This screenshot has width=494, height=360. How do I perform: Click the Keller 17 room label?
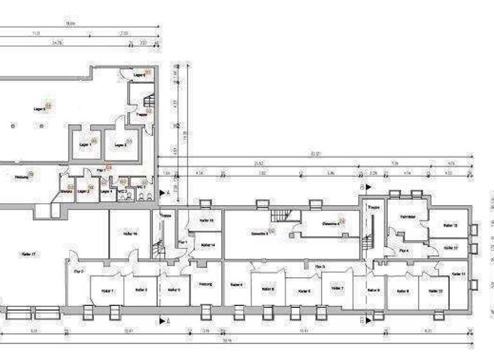point(27,255)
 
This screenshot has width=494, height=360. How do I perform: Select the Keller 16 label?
point(131,234)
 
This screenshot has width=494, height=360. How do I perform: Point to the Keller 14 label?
point(207,245)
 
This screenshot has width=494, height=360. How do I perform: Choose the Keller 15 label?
point(206,221)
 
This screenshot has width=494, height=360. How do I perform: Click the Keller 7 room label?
point(338,289)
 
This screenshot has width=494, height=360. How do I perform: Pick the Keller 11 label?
point(459,274)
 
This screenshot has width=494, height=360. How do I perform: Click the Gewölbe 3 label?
point(259,232)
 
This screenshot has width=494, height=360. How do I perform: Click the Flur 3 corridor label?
point(319,265)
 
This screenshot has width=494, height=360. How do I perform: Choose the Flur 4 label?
point(403,251)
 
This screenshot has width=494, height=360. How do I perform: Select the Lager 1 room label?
point(86,145)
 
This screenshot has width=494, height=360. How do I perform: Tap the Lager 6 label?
point(139,75)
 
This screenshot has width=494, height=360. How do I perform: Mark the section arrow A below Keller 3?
point(163,319)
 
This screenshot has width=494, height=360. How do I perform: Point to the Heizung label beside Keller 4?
point(205,284)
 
